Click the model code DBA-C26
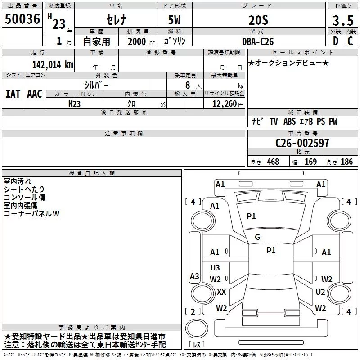point(257,41)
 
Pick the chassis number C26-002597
point(302,143)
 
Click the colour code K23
point(75,103)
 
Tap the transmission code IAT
point(13,94)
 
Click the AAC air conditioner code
point(35,94)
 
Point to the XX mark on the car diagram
point(221,292)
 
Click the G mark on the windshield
point(257,237)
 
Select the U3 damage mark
point(216,268)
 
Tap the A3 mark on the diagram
point(194,276)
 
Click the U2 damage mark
point(320,292)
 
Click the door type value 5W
point(175,20)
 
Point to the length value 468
point(273,162)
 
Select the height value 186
point(346,162)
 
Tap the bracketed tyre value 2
point(193,311)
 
